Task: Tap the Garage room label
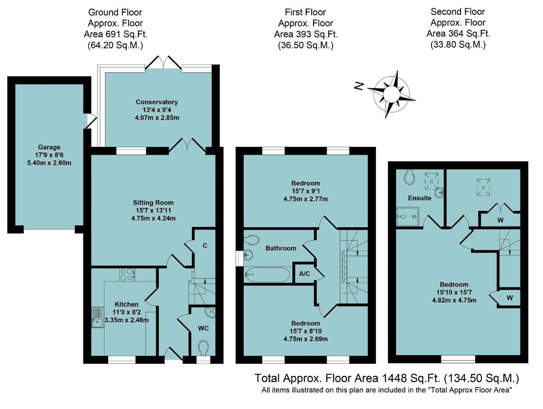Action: click(49, 147)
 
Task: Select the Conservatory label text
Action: click(157, 102)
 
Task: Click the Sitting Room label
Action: click(153, 203)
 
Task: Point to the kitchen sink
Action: click(97, 317)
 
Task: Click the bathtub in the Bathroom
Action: click(268, 275)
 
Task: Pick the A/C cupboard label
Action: click(304, 273)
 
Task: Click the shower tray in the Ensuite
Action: click(408, 216)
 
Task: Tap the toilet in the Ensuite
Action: click(410, 176)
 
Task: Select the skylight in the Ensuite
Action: click(431, 181)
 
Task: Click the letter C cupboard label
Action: click(205, 245)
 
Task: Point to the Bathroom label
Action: click(281, 248)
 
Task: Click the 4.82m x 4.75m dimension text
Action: click(454, 300)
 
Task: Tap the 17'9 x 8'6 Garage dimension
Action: click(49, 155)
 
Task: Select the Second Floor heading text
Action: click(458, 12)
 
